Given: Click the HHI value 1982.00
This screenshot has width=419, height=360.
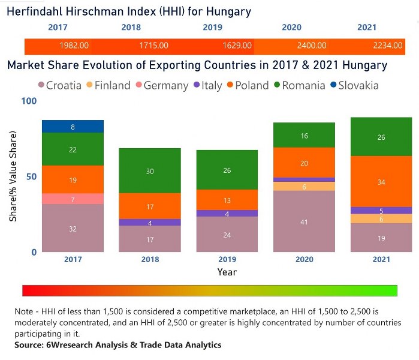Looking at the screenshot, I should tap(74, 46).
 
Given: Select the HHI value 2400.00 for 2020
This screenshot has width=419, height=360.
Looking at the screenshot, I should tap(312, 46).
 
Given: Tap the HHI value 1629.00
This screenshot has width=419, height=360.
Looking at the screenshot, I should tap(234, 46).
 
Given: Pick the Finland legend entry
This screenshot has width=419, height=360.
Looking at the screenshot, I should tap(108, 85).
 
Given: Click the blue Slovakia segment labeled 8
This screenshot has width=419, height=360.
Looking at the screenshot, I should tap(73, 127).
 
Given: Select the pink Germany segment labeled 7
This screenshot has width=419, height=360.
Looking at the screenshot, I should tap(73, 199).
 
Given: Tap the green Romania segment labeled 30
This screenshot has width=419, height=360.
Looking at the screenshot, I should tap(150, 171).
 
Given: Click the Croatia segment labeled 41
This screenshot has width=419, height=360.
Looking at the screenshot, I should tap(304, 221).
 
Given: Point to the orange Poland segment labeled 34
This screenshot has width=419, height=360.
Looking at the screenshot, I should tap(381, 181).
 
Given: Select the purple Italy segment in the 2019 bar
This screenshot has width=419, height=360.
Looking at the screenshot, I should tap(227, 213).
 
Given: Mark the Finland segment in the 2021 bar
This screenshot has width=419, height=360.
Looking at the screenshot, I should tap(381, 219).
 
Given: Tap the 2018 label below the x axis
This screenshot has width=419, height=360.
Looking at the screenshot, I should tap(150, 260).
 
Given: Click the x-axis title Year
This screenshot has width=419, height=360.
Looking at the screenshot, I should tap(227, 272).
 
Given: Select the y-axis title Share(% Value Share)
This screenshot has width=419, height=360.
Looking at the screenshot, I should tap(13, 177).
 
